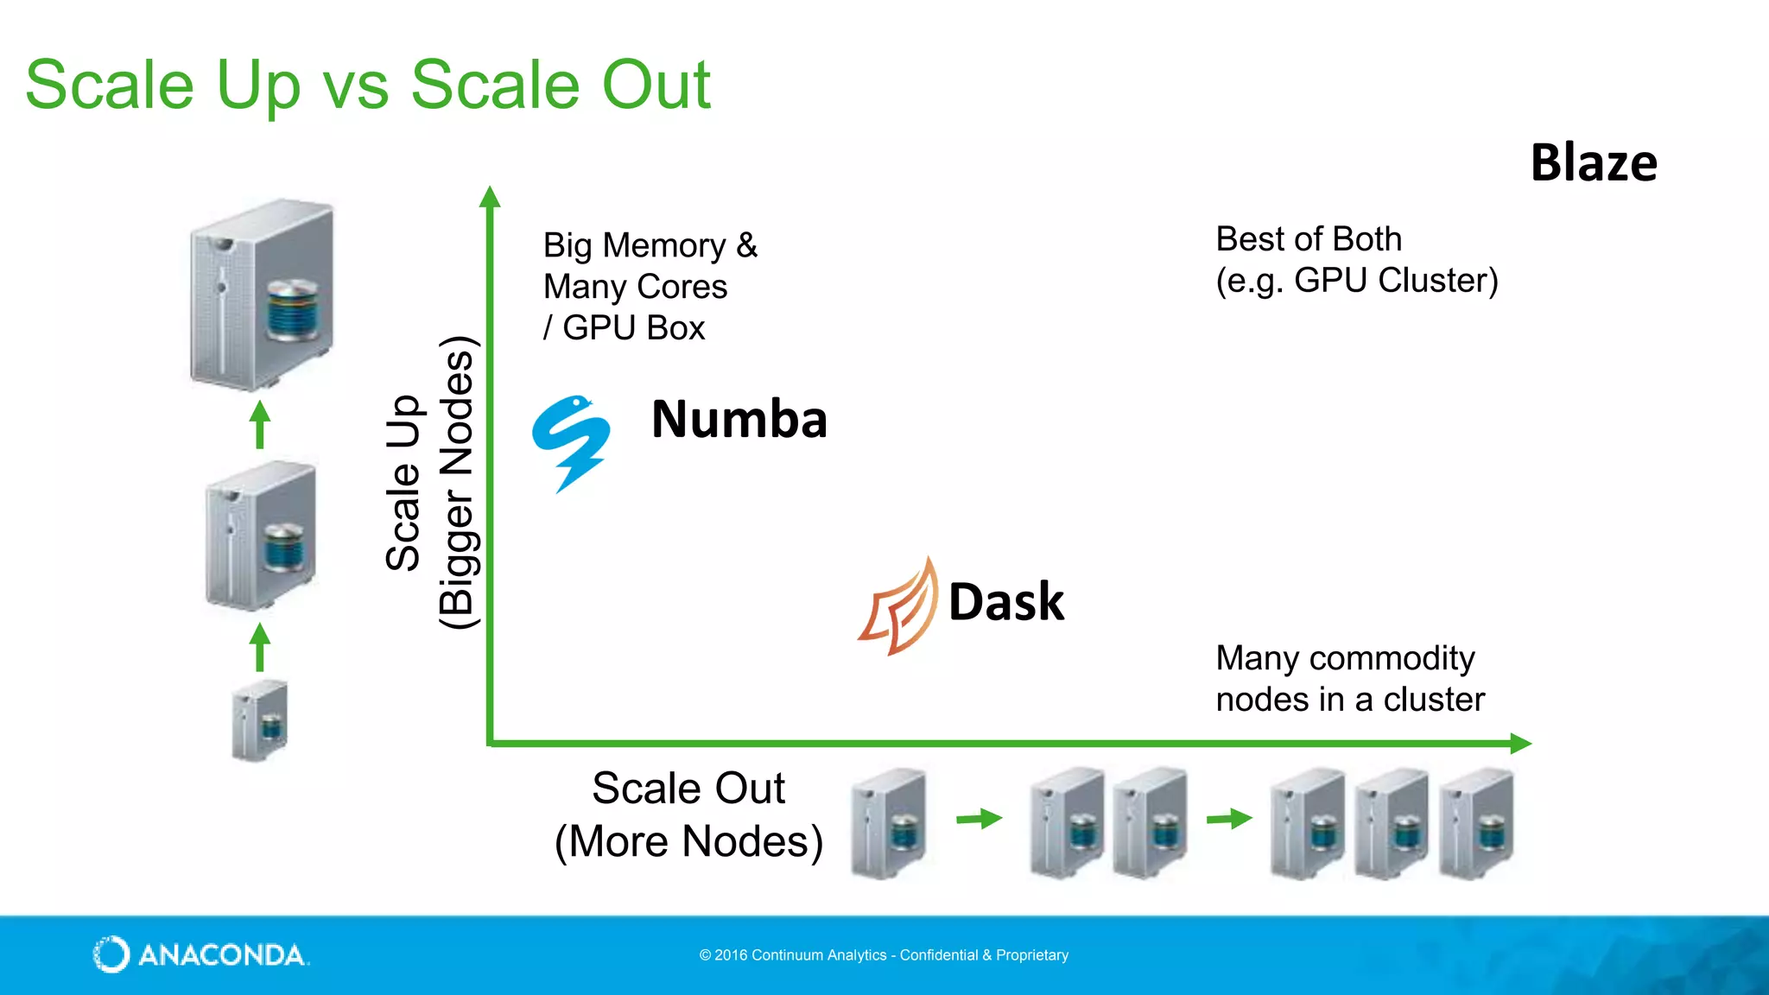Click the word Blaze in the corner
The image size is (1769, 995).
point(1594,162)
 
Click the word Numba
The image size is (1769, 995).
point(739,420)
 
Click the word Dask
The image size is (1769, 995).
point(1006,602)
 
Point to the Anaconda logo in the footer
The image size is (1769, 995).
point(200,954)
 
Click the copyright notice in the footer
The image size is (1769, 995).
point(884,955)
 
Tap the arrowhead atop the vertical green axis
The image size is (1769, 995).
point(490,197)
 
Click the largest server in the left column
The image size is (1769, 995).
point(262,293)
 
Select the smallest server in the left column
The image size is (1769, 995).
point(260,720)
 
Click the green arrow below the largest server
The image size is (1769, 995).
point(260,424)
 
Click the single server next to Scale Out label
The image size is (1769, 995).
point(889,823)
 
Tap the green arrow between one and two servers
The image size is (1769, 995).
point(979,818)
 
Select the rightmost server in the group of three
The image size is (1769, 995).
point(1476,823)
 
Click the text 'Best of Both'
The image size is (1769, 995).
point(1309,239)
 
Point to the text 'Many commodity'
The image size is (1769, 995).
point(1345,658)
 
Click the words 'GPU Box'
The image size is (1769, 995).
point(633,328)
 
